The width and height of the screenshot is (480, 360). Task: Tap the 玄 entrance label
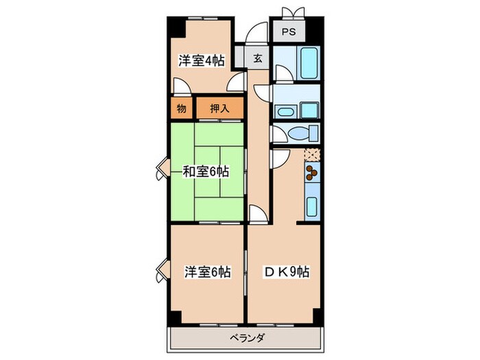pos(258,58)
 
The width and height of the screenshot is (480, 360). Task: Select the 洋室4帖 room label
pos(202,60)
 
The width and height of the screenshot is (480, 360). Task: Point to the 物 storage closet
pos(181,108)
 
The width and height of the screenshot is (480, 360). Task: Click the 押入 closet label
pos(219,108)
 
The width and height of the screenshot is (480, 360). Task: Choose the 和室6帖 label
pos(205,171)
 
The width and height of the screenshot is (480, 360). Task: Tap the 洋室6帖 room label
pos(206,272)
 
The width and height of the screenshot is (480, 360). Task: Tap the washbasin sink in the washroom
pos(285,111)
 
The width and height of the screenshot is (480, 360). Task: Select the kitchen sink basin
pos(312,205)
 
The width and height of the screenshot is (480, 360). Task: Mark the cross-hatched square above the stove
pos(312,154)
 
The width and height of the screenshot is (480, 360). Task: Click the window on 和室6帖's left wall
pos(161,169)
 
